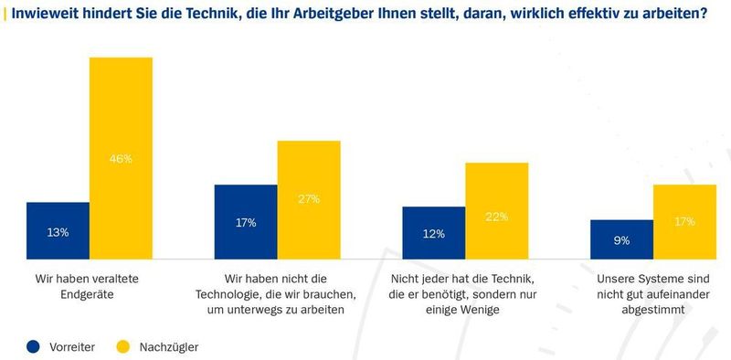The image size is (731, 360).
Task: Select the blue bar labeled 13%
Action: click(58, 231)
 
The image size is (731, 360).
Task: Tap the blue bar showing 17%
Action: click(246, 222)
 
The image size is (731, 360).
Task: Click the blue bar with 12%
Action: click(434, 233)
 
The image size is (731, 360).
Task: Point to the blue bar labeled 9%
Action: click(622, 239)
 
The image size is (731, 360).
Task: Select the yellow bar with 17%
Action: click(685, 222)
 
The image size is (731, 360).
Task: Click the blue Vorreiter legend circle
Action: click(34, 346)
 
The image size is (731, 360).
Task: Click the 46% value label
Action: click(121, 158)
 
